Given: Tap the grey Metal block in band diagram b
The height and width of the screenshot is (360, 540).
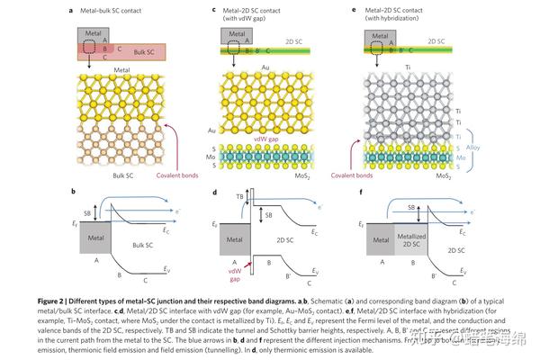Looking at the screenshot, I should point(97,239).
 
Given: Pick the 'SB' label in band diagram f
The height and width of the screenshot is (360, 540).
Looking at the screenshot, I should point(410,206).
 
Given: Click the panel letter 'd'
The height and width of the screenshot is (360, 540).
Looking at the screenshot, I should point(213,192).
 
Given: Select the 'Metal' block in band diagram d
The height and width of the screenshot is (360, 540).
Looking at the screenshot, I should point(231,239).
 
